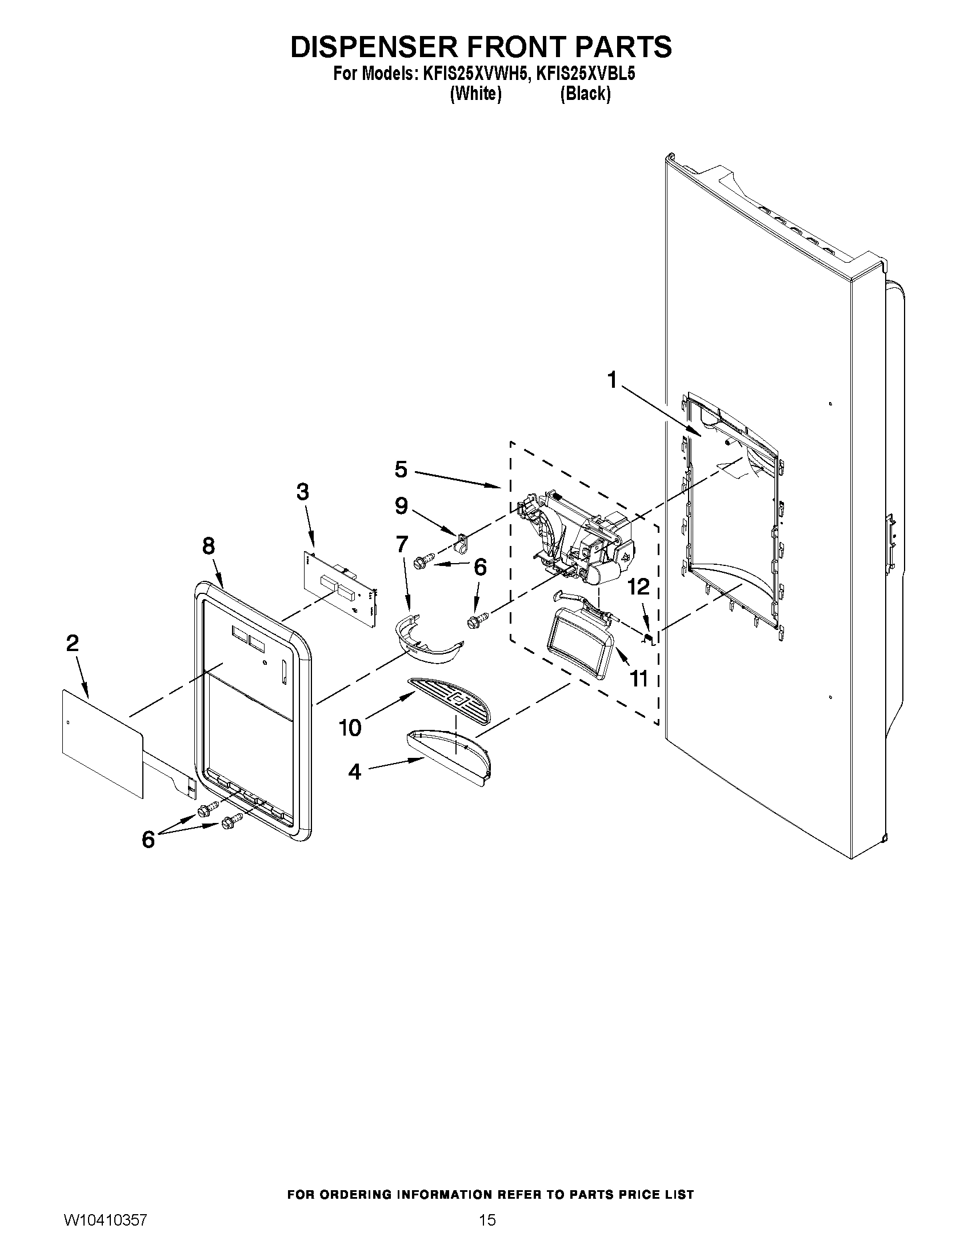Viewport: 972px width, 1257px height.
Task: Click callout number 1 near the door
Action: (x=612, y=380)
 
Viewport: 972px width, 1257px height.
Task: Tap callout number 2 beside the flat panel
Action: (x=73, y=643)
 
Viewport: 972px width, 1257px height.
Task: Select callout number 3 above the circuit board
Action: (x=302, y=492)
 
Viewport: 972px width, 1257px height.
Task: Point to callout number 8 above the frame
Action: (x=209, y=545)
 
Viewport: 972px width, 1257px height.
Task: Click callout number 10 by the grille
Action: (x=350, y=728)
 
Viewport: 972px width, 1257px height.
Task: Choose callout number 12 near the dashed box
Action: (x=639, y=587)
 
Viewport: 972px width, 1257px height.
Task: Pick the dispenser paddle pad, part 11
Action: (x=582, y=645)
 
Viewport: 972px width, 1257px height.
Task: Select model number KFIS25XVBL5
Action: (x=585, y=74)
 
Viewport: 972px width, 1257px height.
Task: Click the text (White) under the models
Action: (x=475, y=94)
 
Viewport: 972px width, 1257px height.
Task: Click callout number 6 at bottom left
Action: (x=148, y=840)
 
